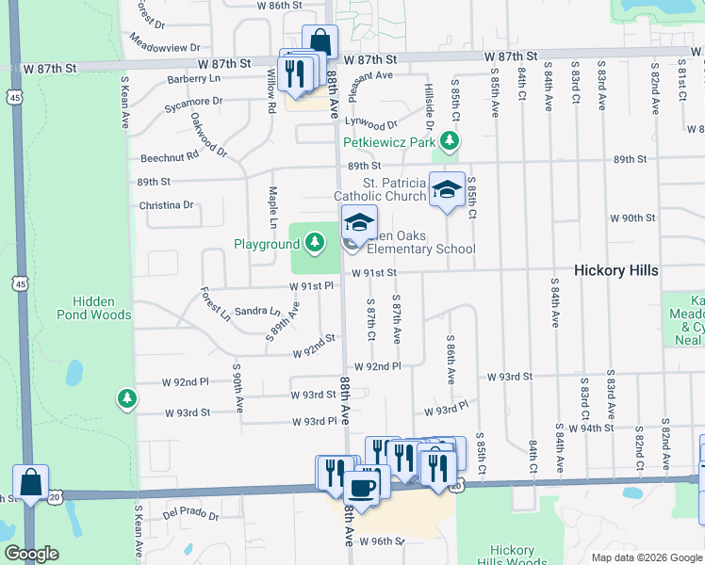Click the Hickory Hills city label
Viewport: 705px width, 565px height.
pos(616,270)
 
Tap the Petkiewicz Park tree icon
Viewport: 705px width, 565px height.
pos(451,142)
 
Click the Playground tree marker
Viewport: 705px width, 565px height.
pos(314,245)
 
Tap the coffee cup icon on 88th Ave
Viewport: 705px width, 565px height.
pos(360,487)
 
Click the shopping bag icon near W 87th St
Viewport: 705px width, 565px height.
pos(320,42)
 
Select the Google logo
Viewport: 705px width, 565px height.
pos(31,553)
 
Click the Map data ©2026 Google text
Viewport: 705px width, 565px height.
pos(646,557)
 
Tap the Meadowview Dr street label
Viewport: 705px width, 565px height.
pos(166,44)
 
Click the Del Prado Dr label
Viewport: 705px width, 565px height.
pos(190,515)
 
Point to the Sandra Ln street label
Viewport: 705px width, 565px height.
pos(257,310)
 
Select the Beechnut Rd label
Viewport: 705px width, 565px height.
pos(170,155)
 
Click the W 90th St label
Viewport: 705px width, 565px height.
pos(631,218)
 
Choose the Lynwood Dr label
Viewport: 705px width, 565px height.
pos(370,123)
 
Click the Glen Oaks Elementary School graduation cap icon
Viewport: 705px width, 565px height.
pos(358,222)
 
